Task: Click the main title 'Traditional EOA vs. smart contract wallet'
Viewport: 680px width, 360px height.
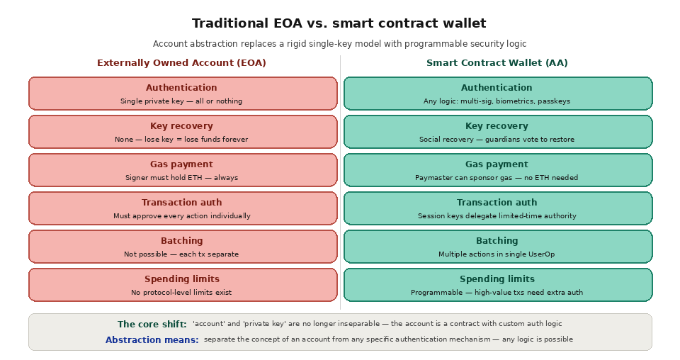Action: (339, 23)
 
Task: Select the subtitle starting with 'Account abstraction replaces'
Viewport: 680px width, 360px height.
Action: (339, 44)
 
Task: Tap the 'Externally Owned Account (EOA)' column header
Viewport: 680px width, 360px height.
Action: (181, 63)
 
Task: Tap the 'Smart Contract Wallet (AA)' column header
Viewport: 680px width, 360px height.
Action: (497, 63)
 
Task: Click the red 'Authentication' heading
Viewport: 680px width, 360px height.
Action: (181, 88)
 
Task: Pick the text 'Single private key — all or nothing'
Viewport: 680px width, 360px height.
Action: (181, 101)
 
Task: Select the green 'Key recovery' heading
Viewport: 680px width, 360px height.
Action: (497, 126)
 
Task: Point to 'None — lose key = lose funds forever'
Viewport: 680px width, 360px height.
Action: (181, 140)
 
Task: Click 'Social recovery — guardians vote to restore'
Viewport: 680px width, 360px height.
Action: (497, 140)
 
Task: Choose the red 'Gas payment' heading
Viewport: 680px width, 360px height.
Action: (181, 164)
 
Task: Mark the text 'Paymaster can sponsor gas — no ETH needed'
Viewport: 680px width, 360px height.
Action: (497, 178)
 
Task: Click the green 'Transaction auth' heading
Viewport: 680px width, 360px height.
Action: (497, 203)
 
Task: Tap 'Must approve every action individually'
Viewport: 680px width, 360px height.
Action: (181, 216)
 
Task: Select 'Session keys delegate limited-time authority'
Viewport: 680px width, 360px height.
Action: (497, 216)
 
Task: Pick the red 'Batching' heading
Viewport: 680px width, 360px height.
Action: (181, 241)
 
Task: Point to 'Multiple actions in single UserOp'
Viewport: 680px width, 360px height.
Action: (497, 254)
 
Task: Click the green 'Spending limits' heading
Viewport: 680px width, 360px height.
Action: (497, 279)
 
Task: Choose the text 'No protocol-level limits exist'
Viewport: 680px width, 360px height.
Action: (181, 293)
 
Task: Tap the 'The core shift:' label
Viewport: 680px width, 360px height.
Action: (152, 325)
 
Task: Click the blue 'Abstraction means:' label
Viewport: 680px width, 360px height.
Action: (152, 340)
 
